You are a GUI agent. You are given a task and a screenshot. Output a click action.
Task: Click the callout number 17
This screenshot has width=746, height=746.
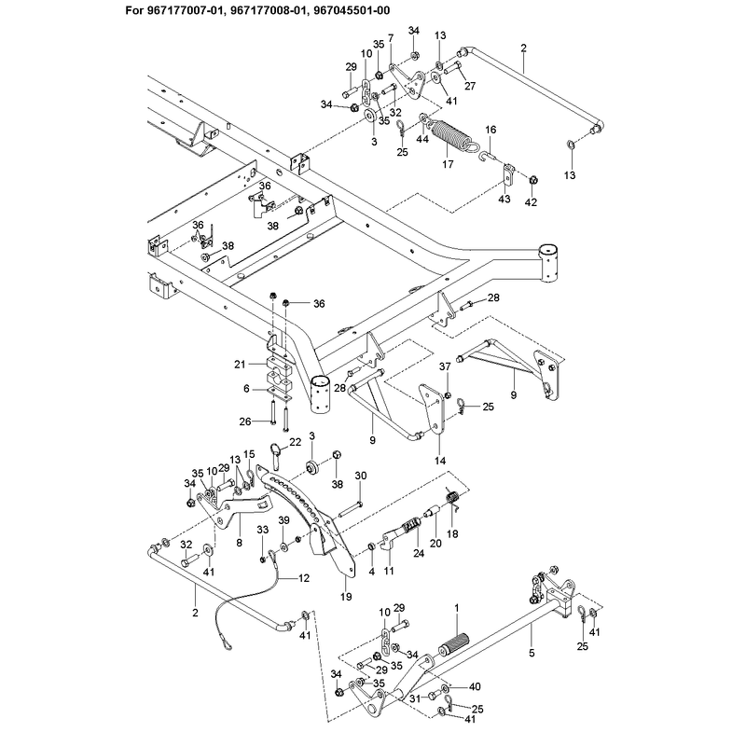pyautogui.click(x=448, y=164)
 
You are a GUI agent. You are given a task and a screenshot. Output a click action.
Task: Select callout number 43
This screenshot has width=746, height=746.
pyautogui.click(x=504, y=199)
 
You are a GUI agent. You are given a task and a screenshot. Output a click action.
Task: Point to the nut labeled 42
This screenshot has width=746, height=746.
pyautogui.click(x=533, y=180)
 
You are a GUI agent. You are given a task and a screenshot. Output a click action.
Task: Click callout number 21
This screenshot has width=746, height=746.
pyautogui.click(x=241, y=365)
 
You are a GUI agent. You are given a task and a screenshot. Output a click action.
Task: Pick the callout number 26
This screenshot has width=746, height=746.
pyautogui.click(x=245, y=421)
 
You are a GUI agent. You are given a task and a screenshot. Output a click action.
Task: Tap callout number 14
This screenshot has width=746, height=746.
pyautogui.click(x=440, y=461)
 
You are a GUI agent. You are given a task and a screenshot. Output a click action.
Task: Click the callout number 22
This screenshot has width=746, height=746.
pyautogui.click(x=296, y=442)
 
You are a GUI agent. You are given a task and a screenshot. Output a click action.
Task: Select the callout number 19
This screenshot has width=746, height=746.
pyautogui.click(x=346, y=597)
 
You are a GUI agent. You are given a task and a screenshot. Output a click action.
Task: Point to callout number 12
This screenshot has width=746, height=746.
pyautogui.click(x=304, y=578)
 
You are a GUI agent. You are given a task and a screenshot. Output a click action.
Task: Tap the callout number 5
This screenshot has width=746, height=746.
pyautogui.click(x=532, y=654)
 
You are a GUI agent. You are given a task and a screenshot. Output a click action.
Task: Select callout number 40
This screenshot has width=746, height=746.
pyautogui.click(x=475, y=686)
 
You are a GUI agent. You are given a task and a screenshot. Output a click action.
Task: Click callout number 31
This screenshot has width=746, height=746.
pyautogui.click(x=416, y=698)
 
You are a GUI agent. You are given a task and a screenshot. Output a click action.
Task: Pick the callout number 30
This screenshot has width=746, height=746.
pyautogui.click(x=361, y=476)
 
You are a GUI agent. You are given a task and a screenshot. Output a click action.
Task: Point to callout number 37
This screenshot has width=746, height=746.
pyautogui.click(x=445, y=366)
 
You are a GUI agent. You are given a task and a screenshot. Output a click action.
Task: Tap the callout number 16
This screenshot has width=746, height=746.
pyautogui.click(x=490, y=130)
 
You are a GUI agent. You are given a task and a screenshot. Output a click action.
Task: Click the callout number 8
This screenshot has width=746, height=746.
pyautogui.click(x=239, y=543)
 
